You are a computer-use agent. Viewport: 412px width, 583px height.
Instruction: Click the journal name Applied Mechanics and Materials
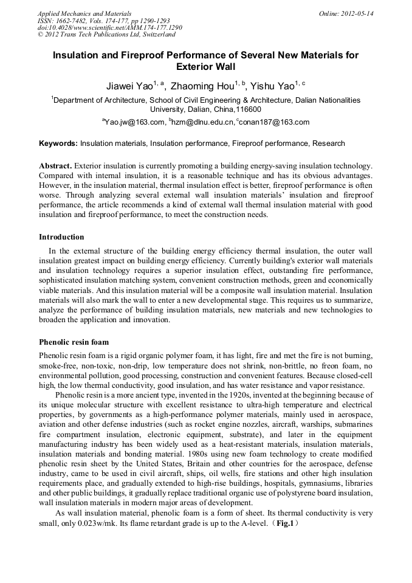[x=84, y=13]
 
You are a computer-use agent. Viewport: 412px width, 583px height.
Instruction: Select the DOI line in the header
[x=109, y=28]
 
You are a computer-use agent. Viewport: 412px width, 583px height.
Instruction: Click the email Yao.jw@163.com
[x=135, y=122]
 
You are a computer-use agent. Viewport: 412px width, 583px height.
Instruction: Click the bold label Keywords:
[x=58, y=144]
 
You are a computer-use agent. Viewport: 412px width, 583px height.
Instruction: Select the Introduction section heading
[x=61, y=236]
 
